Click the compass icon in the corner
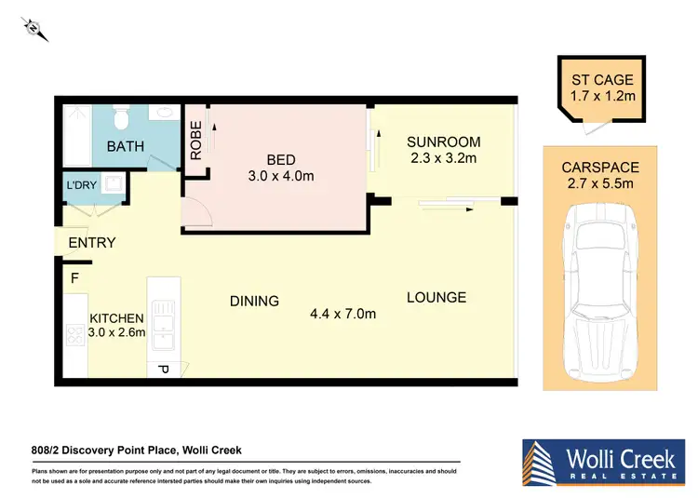pyautogui.click(x=35, y=30)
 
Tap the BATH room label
pyautogui.click(x=125, y=146)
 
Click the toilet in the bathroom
pyautogui.click(x=119, y=119)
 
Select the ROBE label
pyautogui.click(x=196, y=142)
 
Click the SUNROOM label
pyautogui.click(x=444, y=142)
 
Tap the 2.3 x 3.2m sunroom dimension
pyautogui.click(x=444, y=158)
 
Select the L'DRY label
pyautogui.click(x=80, y=185)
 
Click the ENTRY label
pyautogui.click(x=92, y=243)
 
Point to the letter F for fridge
pyautogui.click(x=74, y=276)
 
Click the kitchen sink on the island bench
pyautogui.click(x=164, y=321)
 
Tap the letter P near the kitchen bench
pyautogui.click(x=162, y=370)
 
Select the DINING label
pyautogui.click(x=254, y=301)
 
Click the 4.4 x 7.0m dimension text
pyautogui.click(x=343, y=314)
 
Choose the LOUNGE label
pyautogui.click(x=436, y=298)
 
